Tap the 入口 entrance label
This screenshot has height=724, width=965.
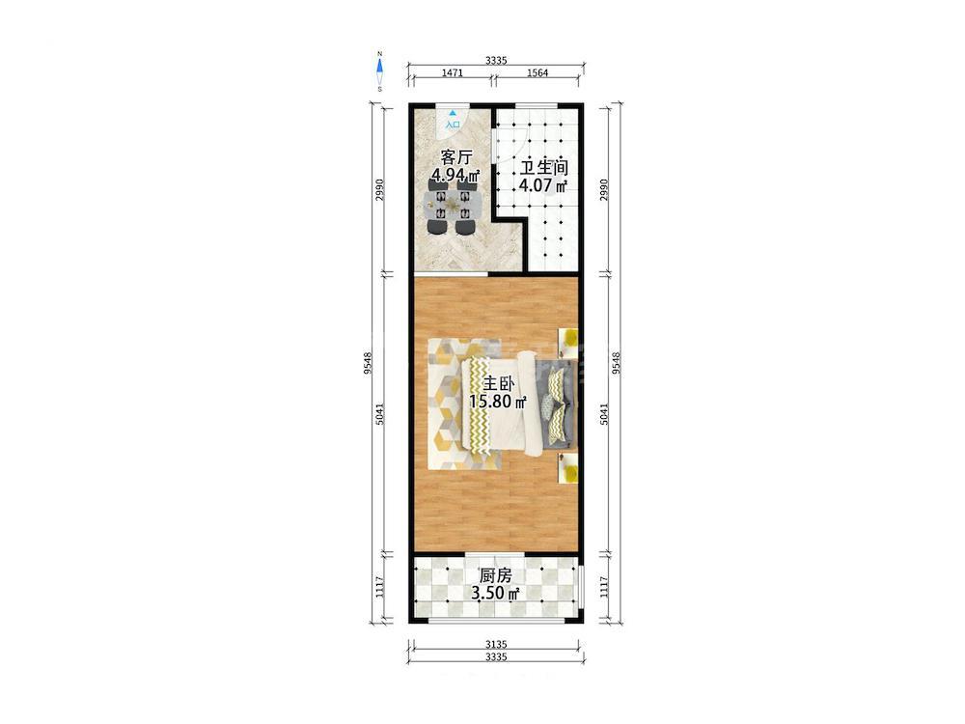coord(453,125)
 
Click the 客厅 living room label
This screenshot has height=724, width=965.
coord(456,157)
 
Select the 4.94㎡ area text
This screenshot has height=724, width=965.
coord(455,176)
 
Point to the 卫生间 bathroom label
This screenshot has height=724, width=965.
coord(544,167)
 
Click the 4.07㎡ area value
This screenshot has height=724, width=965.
coord(543,185)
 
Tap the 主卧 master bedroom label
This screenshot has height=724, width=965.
coord(498,384)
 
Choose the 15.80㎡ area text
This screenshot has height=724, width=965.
coord(498,403)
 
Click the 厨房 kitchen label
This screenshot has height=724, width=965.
coord(495,575)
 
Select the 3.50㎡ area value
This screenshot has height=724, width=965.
coord(495,594)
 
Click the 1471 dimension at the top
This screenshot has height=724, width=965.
coord(453,72)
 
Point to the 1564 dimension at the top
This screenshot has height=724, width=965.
coord(538,72)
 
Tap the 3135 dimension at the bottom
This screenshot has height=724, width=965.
coord(496,645)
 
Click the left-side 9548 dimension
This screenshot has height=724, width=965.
coord(368,363)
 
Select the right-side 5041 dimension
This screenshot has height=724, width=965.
coord(604,414)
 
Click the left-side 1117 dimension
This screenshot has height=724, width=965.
coord(379,586)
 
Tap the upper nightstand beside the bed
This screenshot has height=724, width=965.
coord(568,343)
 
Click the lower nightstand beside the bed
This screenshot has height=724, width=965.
coord(568,468)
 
